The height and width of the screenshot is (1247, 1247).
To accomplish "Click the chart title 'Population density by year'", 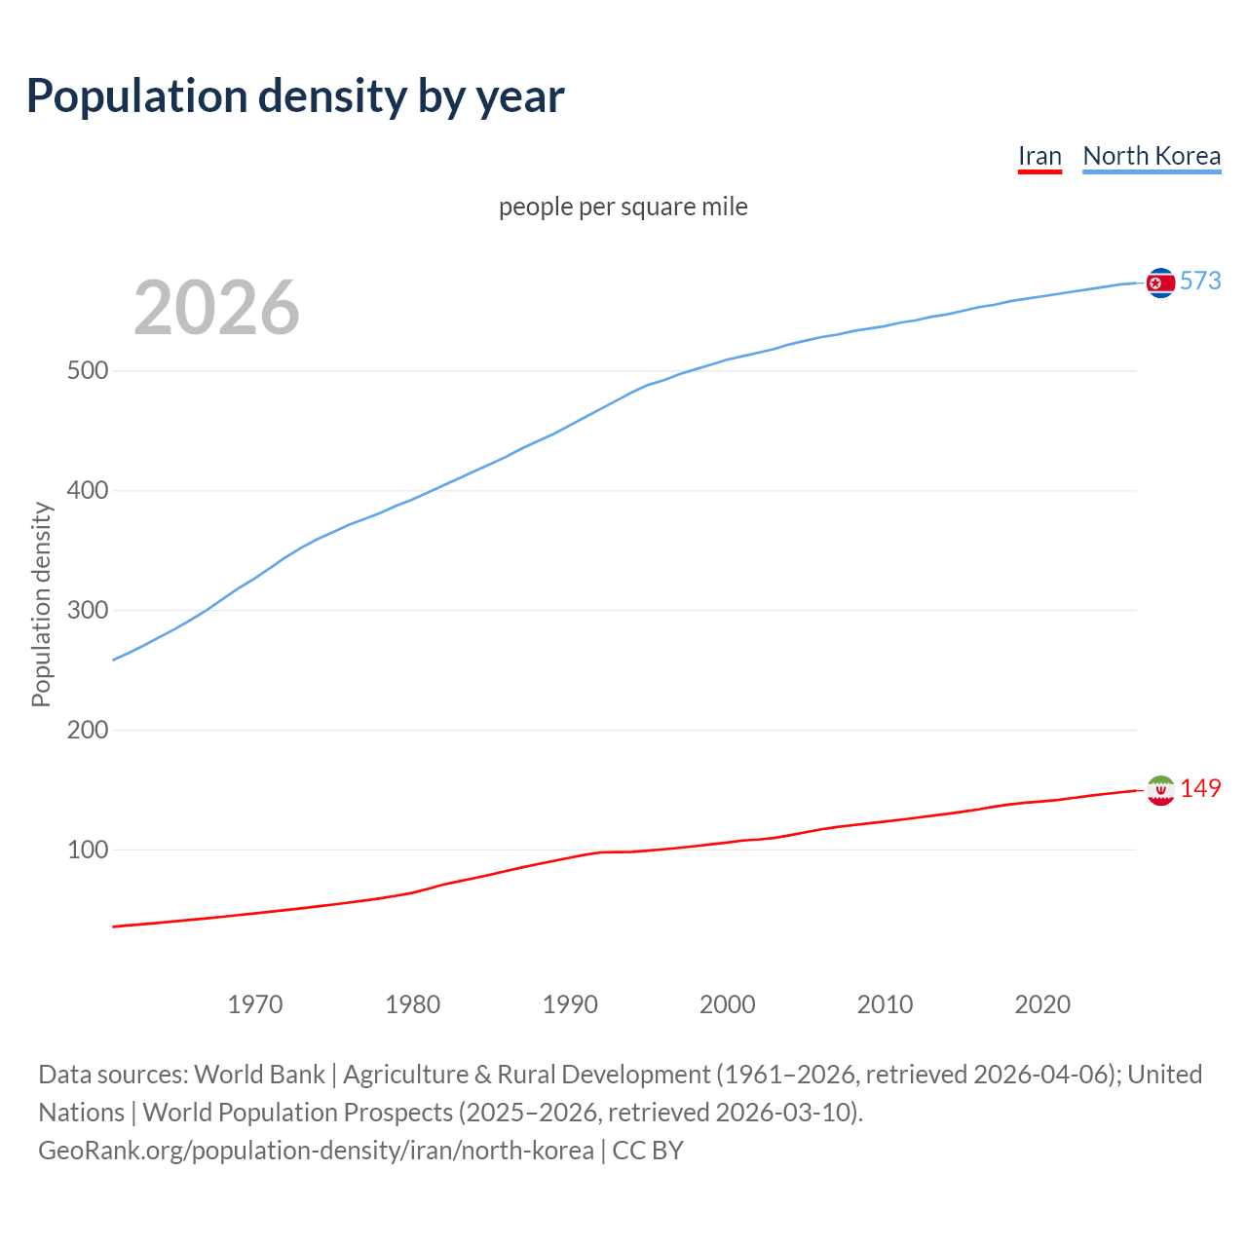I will (295, 96).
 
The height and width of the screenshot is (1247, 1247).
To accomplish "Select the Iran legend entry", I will (1039, 156).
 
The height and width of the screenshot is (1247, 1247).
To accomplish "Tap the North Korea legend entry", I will (1152, 156).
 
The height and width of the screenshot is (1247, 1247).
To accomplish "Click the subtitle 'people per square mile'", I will (623, 207).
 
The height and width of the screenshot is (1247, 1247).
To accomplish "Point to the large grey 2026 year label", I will (216, 308).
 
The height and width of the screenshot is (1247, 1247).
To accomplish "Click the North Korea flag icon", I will (1160, 283).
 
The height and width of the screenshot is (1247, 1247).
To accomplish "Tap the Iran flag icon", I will (1160, 790).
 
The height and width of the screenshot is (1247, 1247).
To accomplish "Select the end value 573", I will (1200, 281).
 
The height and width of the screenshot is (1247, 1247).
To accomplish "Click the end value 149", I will (1200, 788).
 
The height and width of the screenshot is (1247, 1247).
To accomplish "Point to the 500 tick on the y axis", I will (88, 371).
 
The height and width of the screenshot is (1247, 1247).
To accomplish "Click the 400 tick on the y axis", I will (88, 491).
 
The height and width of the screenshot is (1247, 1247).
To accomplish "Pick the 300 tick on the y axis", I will (88, 611).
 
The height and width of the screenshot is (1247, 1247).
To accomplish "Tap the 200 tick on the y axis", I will (88, 730).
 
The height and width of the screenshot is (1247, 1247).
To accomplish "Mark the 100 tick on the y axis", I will (88, 850).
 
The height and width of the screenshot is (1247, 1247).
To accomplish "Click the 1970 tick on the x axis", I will (255, 1004).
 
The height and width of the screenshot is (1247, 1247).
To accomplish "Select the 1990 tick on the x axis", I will (570, 1004).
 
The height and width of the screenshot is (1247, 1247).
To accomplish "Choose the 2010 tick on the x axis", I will (885, 1004).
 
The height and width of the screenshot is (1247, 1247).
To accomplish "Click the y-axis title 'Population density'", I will (41, 604).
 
